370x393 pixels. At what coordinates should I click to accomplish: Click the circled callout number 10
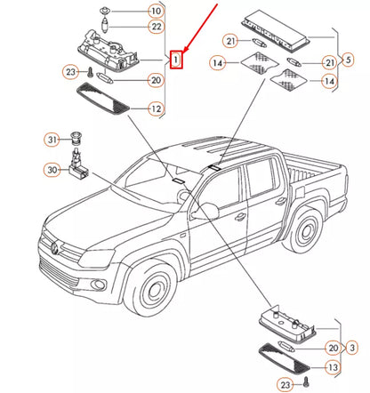point(155,11)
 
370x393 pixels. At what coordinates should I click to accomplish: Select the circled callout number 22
point(155,27)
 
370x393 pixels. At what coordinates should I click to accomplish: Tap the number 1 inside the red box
point(177,60)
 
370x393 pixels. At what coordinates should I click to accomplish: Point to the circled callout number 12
point(155,109)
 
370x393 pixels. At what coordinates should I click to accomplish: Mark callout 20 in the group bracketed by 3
point(334,348)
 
